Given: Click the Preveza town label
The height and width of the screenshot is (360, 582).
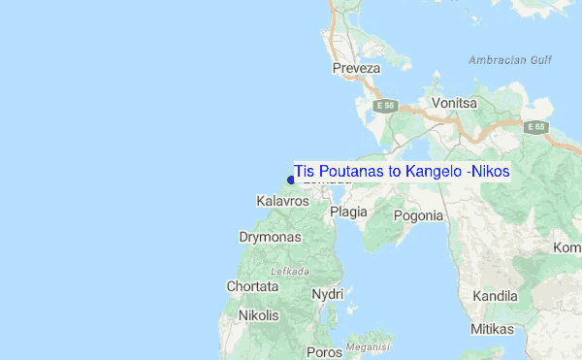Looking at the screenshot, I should (356, 69).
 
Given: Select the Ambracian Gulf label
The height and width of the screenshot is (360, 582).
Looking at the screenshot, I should (509, 60).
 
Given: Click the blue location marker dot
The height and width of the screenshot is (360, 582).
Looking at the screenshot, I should (291, 179).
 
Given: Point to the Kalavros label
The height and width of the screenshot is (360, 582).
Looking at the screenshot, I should (282, 201).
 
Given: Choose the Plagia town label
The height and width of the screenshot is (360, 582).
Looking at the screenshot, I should (348, 212).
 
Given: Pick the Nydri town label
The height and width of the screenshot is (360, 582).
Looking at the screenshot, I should (328, 294).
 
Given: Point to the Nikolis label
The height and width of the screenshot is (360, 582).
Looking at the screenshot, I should (259, 315).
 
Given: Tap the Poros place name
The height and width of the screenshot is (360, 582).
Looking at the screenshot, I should (324, 352).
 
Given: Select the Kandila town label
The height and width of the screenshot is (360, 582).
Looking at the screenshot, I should (495, 296).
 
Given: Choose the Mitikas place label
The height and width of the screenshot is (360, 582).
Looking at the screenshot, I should (492, 330).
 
